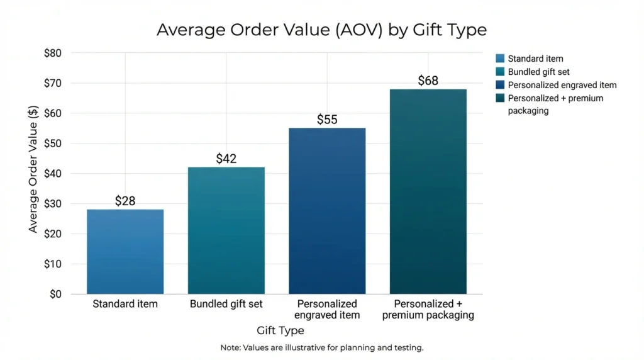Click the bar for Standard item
(x=125, y=252)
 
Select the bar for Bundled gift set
(x=226, y=230)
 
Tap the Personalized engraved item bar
(x=327, y=211)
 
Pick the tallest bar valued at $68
(x=428, y=191)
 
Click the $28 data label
(x=125, y=201)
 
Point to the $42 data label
(x=226, y=159)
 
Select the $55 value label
(x=327, y=120)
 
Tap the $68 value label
(x=428, y=81)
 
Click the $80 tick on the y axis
(x=52, y=53)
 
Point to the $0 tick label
(x=55, y=294)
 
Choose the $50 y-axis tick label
(x=52, y=143)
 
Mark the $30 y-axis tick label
(x=52, y=204)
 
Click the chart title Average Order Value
(x=321, y=30)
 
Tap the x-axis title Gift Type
(x=280, y=330)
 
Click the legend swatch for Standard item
(x=500, y=59)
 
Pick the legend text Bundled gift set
(x=539, y=72)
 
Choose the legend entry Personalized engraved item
(x=562, y=85)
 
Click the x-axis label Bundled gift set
(x=226, y=305)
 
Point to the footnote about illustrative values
(x=322, y=347)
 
